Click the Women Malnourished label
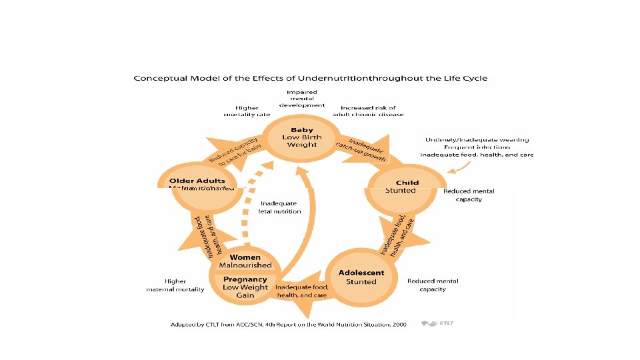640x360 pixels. pyautogui.click(x=245, y=261)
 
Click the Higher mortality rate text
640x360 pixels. pyautogui.click(x=246, y=111)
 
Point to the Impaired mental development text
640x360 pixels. pyautogui.click(x=301, y=98)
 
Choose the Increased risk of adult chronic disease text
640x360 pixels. pyautogui.click(x=368, y=111)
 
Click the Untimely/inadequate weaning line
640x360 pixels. pyautogui.click(x=477, y=140)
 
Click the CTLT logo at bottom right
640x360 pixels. pyautogui.click(x=437, y=324)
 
